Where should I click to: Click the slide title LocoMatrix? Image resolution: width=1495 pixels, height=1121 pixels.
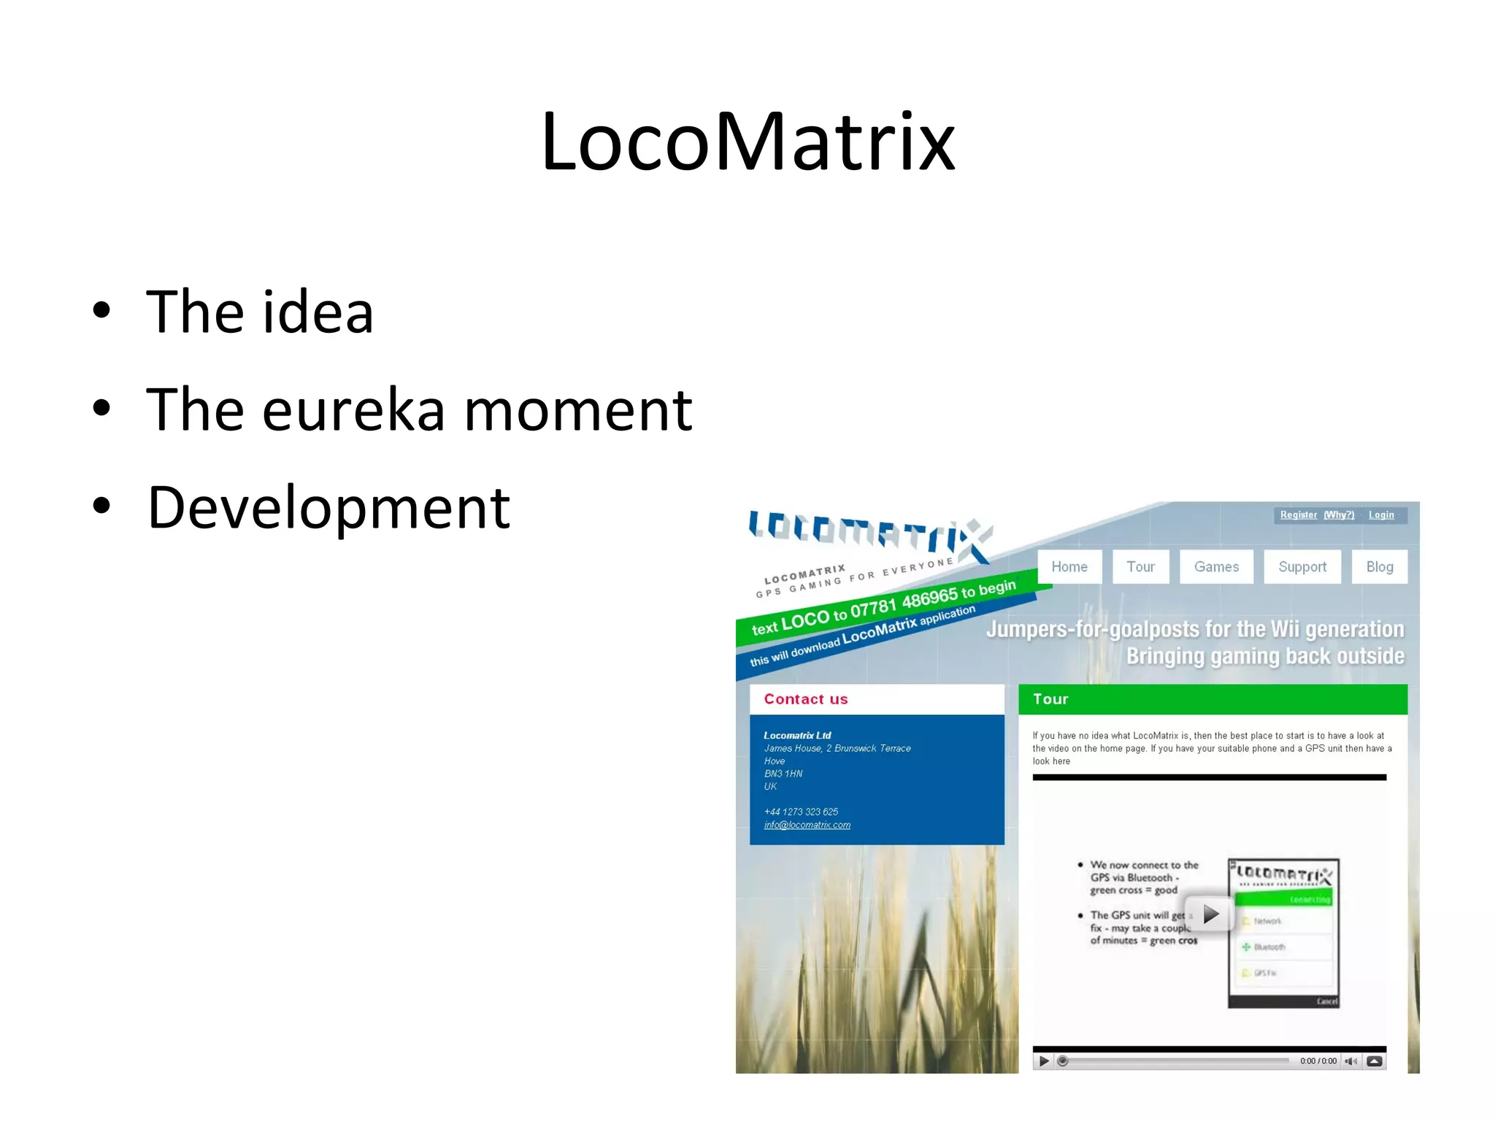747,142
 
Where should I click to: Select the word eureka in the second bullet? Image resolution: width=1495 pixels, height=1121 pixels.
353,410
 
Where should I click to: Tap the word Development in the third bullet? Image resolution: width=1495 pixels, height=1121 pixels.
328,508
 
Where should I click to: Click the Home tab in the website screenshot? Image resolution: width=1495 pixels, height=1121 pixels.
1069,567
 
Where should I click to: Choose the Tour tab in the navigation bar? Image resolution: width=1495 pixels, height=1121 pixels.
1140,567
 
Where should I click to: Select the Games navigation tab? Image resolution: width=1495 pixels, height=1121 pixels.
1216,567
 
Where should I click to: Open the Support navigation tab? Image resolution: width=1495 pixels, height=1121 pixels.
1302,567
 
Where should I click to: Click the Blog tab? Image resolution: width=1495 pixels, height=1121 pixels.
1379,567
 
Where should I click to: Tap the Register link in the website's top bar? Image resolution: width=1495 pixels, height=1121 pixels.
1298,515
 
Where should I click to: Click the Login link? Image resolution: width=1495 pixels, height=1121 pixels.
1380,515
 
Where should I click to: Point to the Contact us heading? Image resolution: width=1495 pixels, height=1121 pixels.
805,699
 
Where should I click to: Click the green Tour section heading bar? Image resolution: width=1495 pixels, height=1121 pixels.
1212,699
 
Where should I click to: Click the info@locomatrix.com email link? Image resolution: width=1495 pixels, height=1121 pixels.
807,825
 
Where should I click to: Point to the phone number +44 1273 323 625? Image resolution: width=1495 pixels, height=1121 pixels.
801,812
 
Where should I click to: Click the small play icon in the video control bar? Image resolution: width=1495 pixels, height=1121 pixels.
1044,1061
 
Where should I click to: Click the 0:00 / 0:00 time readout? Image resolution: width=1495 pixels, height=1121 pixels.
1318,1061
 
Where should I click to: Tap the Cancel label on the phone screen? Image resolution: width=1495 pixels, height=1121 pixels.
1326,1001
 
